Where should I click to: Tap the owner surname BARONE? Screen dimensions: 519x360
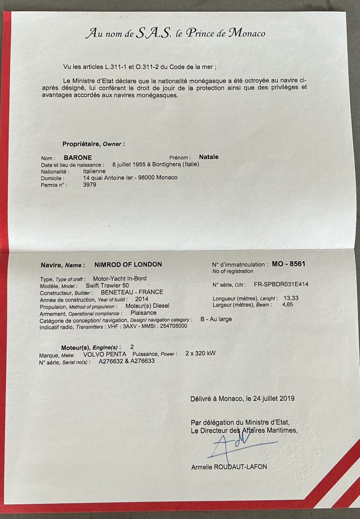click(78, 158)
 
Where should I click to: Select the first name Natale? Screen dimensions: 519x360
click(209, 157)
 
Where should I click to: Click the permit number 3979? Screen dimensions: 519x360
click(89, 185)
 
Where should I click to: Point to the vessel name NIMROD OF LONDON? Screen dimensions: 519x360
click(128, 265)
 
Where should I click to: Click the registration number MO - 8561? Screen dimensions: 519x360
click(289, 264)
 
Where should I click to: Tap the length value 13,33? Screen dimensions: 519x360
click(291, 298)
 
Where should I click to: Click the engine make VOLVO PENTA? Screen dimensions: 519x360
click(103, 354)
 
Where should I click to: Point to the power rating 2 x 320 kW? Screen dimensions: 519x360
click(200, 353)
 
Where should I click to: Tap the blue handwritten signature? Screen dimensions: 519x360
click(234, 444)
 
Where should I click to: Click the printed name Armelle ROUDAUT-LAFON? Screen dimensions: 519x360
click(229, 467)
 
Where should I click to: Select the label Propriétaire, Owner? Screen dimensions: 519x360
click(93, 144)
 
